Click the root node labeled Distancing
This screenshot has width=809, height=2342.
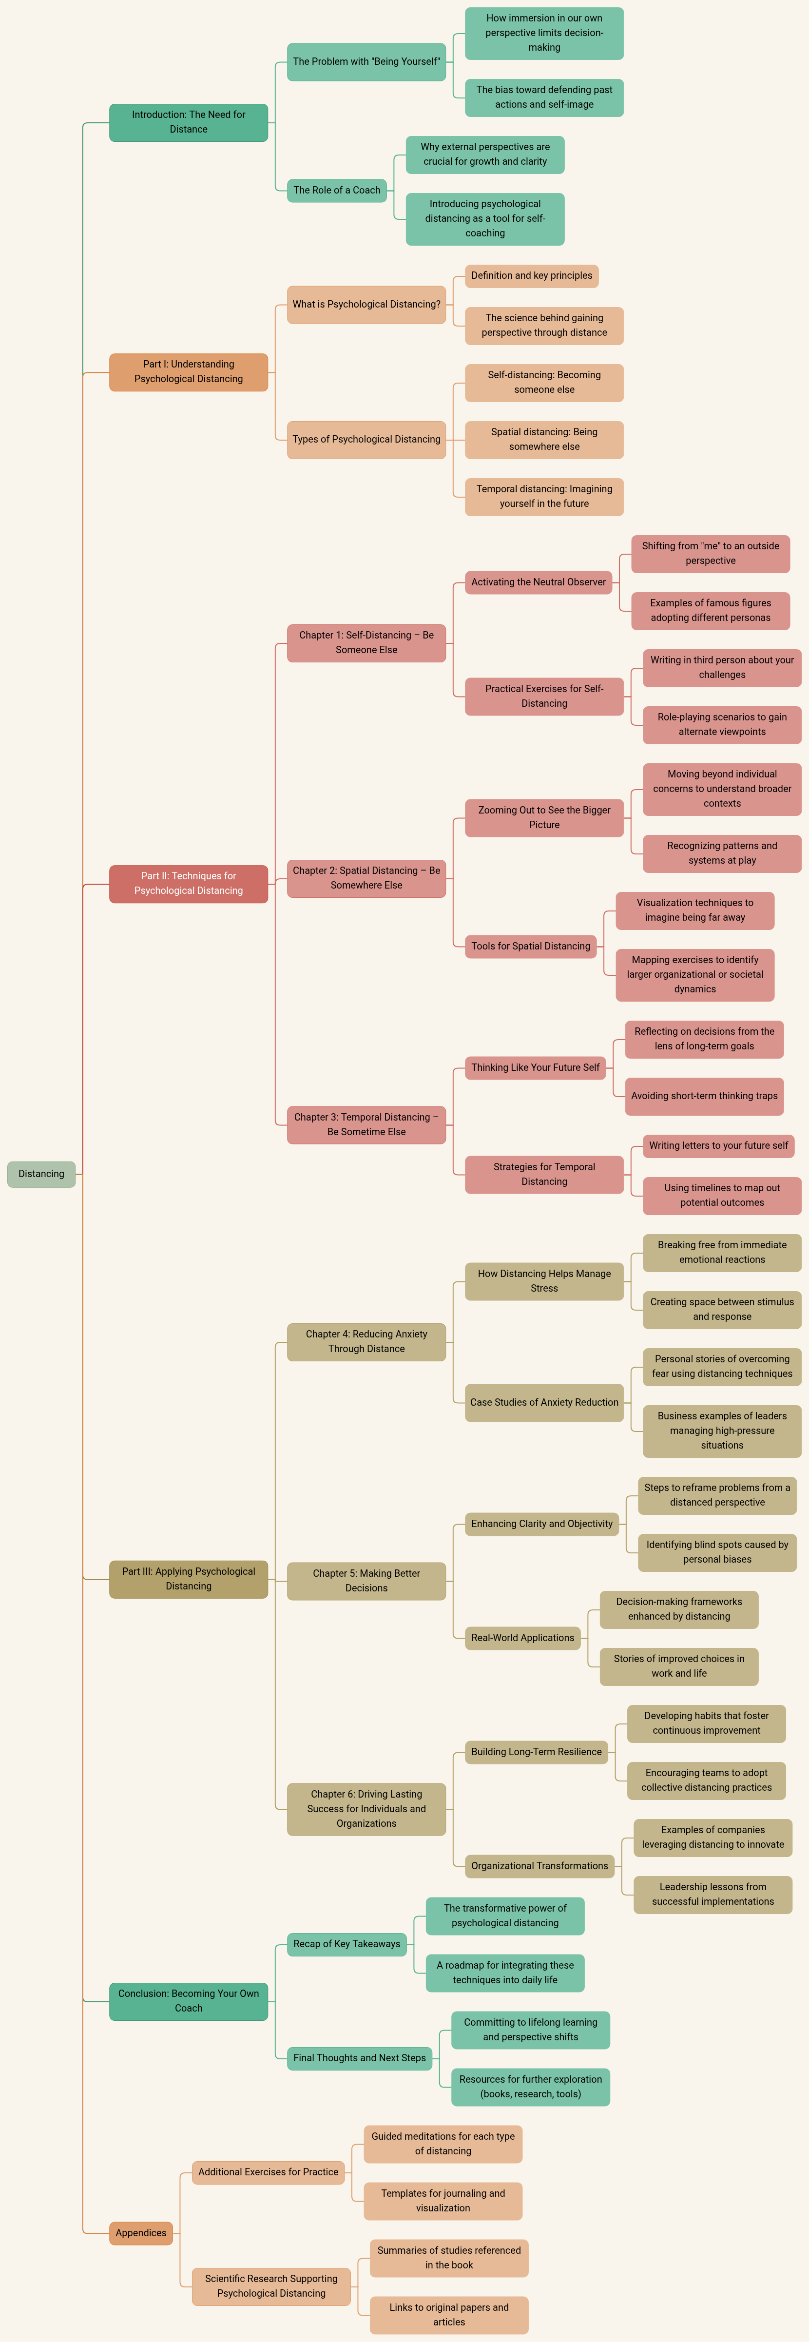click(x=41, y=1174)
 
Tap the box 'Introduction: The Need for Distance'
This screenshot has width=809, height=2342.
click(x=188, y=122)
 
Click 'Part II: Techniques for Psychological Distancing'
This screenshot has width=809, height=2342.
click(x=188, y=883)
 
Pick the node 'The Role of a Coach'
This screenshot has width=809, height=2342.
click(x=336, y=190)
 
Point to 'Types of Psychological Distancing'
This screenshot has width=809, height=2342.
click(x=366, y=439)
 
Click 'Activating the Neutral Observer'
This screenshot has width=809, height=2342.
click(x=538, y=582)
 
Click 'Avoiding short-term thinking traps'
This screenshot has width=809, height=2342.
click(x=705, y=1096)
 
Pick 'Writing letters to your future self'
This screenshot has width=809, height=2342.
click(x=718, y=1145)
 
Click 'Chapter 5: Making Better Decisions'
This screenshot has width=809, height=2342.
click(x=366, y=1580)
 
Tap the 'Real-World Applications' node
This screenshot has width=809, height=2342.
click(x=522, y=1637)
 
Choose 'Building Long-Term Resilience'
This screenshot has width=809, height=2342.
click(x=536, y=1752)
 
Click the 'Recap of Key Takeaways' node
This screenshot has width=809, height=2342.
click(x=347, y=1944)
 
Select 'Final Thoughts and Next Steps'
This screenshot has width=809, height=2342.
click(x=359, y=2057)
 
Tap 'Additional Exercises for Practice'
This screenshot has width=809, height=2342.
click(x=268, y=2172)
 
